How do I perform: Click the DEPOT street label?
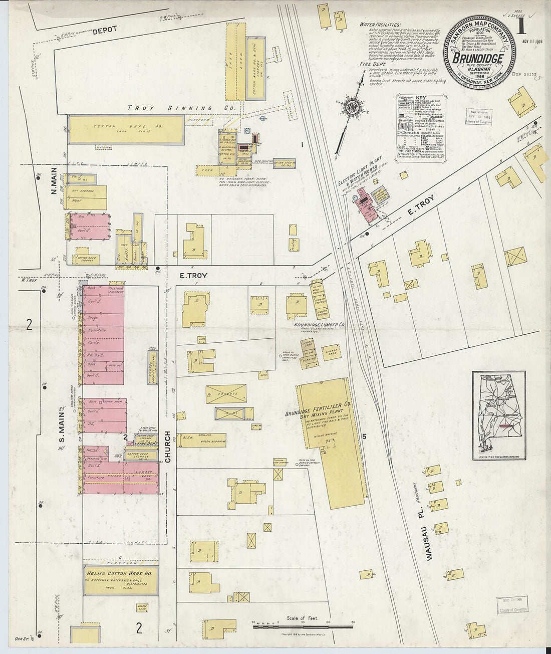point(104,30)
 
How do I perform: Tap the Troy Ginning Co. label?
point(181,108)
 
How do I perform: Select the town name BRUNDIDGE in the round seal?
point(478,58)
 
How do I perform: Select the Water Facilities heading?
point(380,25)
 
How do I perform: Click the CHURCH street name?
point(168,447)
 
